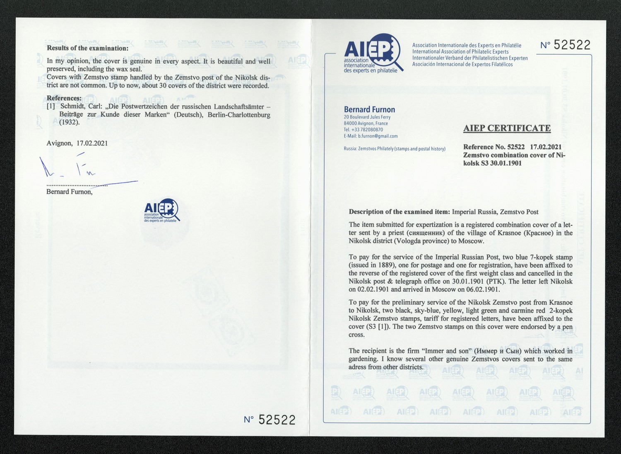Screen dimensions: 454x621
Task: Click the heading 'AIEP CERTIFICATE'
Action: (x=507, y=128)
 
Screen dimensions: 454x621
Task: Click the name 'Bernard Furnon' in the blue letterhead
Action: (x=369, y=109)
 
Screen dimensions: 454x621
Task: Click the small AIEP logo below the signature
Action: (x=161, y=211)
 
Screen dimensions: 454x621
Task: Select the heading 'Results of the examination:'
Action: (x=88, y=48)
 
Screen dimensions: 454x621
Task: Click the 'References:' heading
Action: (x=64, y=98)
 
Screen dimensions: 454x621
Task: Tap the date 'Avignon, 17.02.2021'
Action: (x=77, y=143)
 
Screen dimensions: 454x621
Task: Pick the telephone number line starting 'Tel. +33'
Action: (x=363, y=130)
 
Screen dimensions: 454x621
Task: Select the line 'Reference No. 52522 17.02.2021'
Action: (x=512, y=147)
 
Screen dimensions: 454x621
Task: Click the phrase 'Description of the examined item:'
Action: (x=400, y=212)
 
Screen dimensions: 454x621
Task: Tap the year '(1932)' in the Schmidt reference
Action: (x=69, y=122)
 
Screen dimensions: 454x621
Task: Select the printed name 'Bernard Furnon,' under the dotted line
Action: (x=70, y=192)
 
